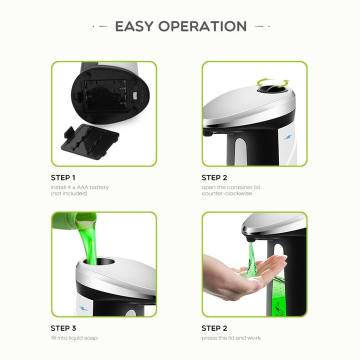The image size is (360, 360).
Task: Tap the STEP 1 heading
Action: [63, 177]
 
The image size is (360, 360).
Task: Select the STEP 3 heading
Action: [63, 328]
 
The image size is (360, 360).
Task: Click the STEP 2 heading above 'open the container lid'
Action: [214, 177]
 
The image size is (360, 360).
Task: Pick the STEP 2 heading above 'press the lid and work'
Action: [214, 328]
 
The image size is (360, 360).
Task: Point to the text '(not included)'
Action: [69, 193]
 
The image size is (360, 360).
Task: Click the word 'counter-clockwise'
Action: [227, 193]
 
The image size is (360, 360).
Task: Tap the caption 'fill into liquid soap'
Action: [74, 338]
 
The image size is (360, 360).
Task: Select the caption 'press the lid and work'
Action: [231, 338]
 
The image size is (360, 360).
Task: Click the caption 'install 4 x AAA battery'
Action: [79, 187]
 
